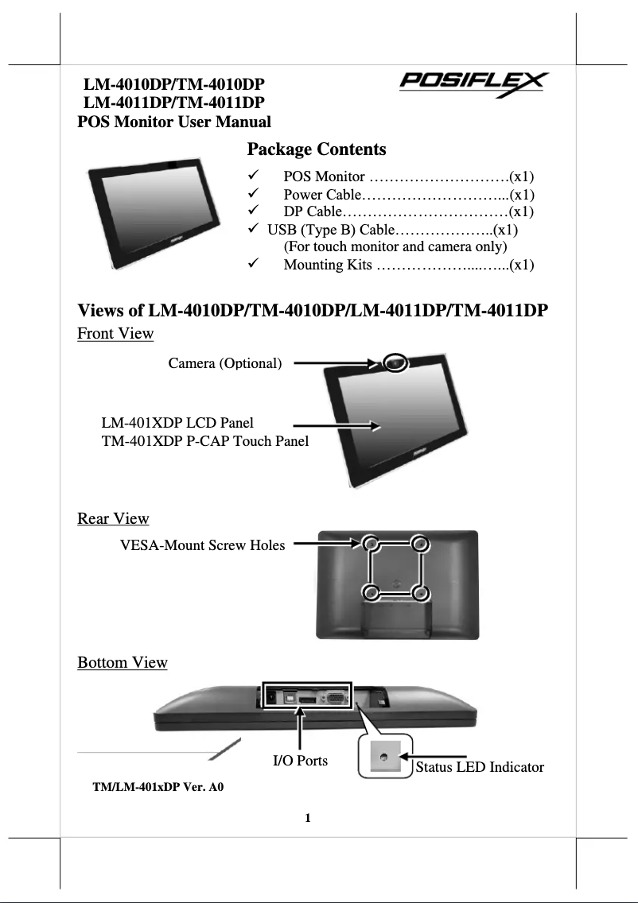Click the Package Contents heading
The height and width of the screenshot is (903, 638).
[x=317, y=149]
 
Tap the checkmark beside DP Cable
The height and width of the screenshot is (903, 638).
[x=253, y=211]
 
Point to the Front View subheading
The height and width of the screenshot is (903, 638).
[x=115, y=334]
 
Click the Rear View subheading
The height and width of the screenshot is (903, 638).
[x=113, y=519]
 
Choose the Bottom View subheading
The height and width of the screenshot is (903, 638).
[x=123, y=663]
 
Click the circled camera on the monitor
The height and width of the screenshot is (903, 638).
[x=395, y=362]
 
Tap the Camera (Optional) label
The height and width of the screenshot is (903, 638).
[x=225, y=364]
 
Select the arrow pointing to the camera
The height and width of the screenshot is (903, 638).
[x=334, y=364]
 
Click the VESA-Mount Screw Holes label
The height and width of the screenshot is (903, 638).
[x=202, y=545]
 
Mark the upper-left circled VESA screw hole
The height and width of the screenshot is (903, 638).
[x=371, y=544]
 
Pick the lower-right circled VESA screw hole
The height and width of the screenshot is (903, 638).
[x=422, y=593]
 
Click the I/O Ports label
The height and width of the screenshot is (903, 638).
[x=300, y=761]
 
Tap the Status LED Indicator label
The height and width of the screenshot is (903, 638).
[x=480, y=767]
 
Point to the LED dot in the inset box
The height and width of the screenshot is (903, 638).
[x=384, y=758]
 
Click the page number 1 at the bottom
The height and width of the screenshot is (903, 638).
[x=308, y=818]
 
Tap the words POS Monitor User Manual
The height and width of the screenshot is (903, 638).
[x=173, y=122]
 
